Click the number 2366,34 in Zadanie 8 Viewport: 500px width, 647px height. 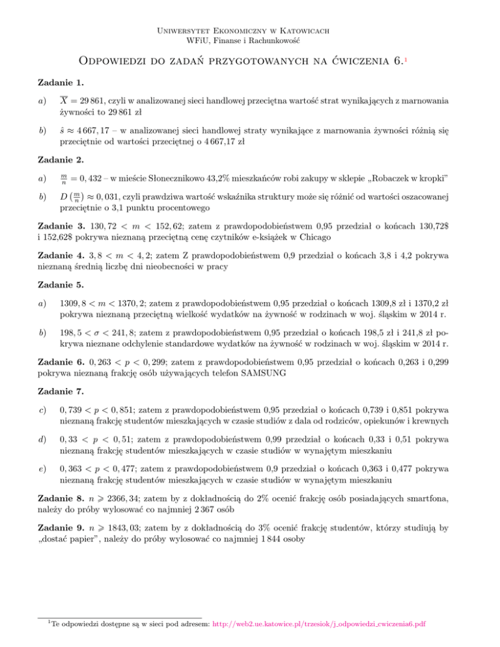pyautogui.click(x=118, y=534)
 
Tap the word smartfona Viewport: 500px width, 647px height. pyautogui.click(x=435, y=534)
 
